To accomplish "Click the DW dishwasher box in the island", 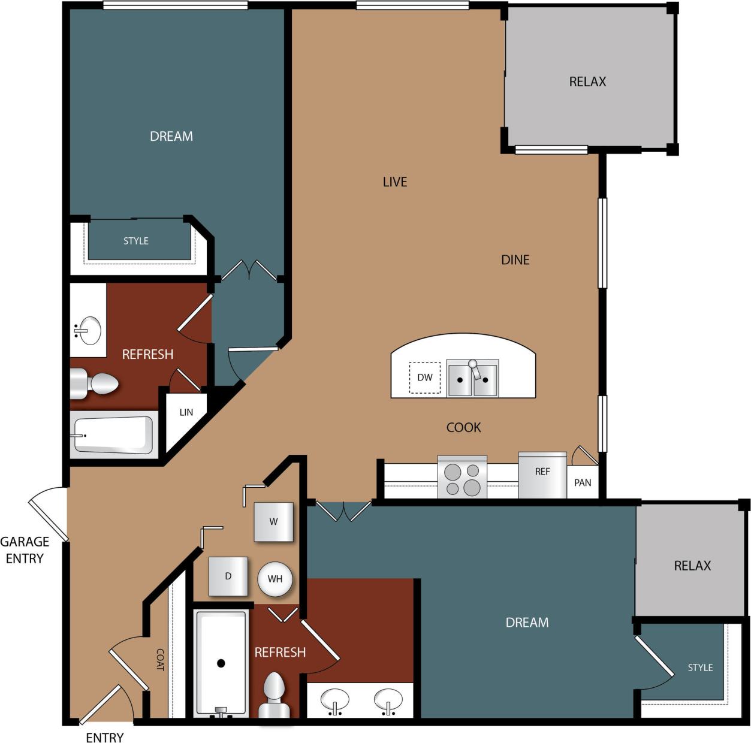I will pyautogui.click(x=424, y=377).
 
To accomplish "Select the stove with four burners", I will pyautogui.click(x=462, y=478).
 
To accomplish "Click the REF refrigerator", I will pyautogui.click(x=542, y=475).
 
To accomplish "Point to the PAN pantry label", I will pyautogui.click(x=583, y=482).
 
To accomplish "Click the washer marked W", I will pyautogui.click(x=273, y=521).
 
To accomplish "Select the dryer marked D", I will pyautogui.click(x=228, y=576).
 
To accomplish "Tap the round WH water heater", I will pyautogui.click(x=275, y=579).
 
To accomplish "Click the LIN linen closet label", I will pyautogui.click(x=186, y=412).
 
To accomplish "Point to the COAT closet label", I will pyautogui.click(x=160, y=659).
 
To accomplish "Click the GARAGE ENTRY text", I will pyautogui.click(x=25, y=550).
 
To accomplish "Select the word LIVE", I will pyautogui.click(x=395, y=182).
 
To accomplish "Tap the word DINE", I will pyautogui.click(x=515, y=259).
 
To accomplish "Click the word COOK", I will pyautogui.click(x=463, y=427).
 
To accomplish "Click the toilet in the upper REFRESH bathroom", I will pyautogui.click(x=95, y=383).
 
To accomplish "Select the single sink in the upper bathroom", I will pyautogui.click(x=90, y=330).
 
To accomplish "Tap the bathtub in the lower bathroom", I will pyautogui.click(x=221, y=663).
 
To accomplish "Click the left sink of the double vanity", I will pyautogui.click(x=335, y=699).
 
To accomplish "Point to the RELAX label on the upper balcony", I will pyautogui.click(x=587, y=81).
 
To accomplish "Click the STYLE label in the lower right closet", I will pyautogui.click(x=700, y=668).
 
